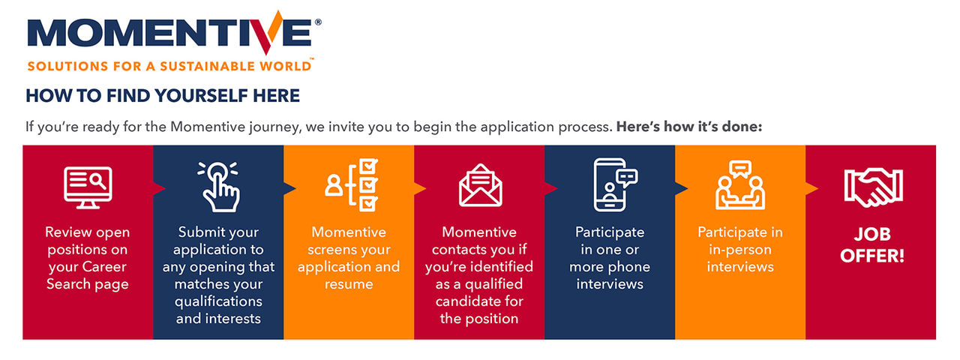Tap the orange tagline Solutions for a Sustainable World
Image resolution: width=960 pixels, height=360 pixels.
click(169, 67)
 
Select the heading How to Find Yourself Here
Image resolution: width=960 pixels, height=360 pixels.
click(163, 96)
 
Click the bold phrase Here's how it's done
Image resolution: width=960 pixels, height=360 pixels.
click(688, 127)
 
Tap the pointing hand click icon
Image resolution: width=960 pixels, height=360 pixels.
click(218, 185)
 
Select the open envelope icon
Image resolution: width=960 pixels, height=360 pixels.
click(480, 185)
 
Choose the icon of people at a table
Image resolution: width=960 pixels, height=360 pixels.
click(740, 185)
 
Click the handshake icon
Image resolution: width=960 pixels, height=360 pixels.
click(872, 187)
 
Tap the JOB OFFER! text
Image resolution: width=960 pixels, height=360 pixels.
click(872, 245)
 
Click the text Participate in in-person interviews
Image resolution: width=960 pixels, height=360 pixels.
click(740, 249)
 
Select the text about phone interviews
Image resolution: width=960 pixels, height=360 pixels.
click(610, 258)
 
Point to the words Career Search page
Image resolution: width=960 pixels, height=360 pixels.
click(88, 275)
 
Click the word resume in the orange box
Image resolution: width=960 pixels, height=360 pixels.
click(349, 284)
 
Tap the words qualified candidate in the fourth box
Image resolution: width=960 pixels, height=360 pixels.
click(480, 292)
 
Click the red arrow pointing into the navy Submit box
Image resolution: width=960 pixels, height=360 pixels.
click(158, 187)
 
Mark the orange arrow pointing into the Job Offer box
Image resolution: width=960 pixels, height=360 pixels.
click(811, 187)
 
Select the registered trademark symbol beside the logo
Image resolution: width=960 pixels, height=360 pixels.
click(318, 23)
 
